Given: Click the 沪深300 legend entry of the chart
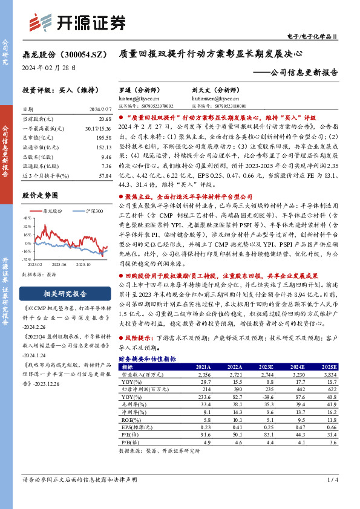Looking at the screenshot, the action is click(x=94, y=210).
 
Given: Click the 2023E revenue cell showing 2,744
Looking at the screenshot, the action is click(x=267, y=375).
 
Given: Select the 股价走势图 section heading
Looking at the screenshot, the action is click(x=41, y=195).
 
